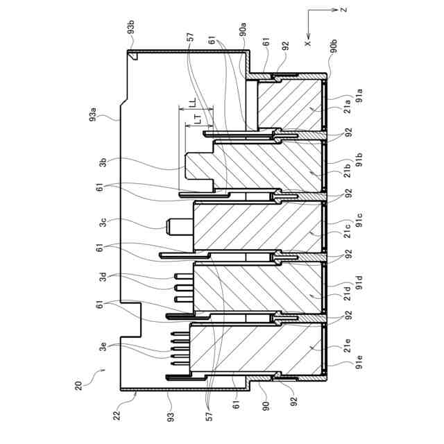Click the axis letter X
point(308,42)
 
